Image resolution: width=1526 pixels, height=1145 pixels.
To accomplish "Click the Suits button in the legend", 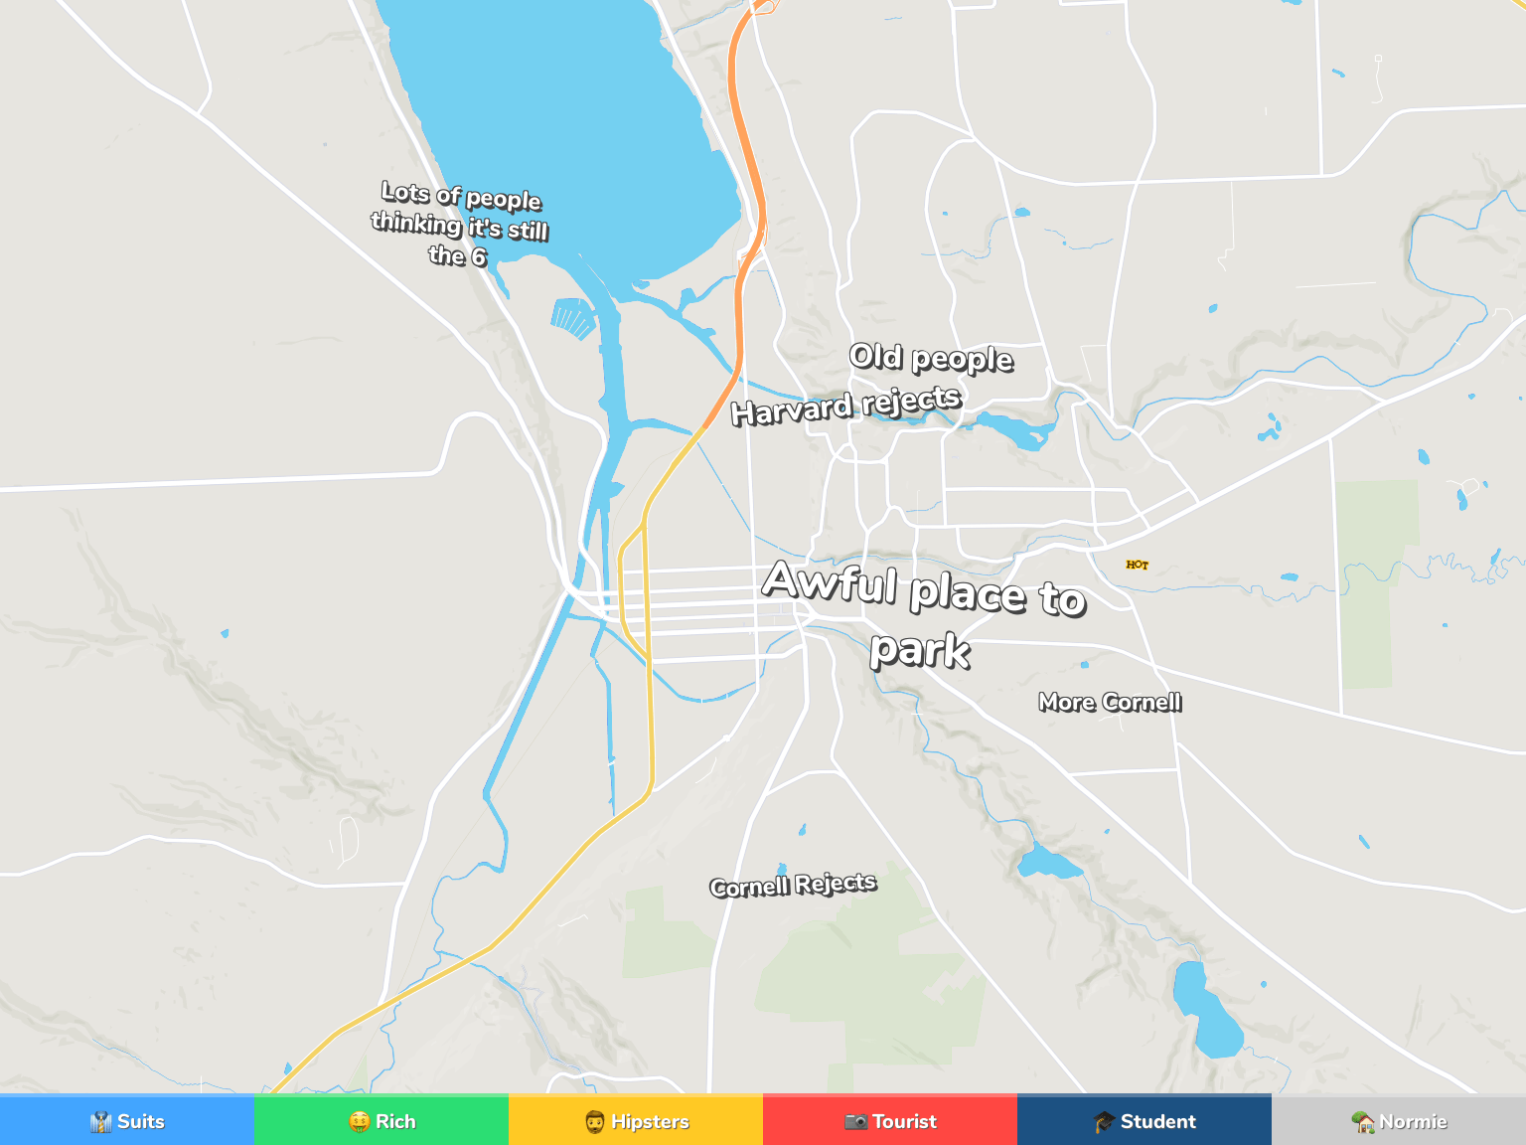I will [x=127, y=1121].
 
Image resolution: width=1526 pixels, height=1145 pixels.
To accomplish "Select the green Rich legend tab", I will [x=381, y=1121].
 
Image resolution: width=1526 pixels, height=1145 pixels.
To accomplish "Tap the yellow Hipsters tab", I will [x=636, y=1121].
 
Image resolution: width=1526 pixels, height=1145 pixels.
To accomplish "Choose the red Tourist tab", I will [x=890, y=1121].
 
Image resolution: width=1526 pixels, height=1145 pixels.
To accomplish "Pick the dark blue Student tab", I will [x=1144, y=1121].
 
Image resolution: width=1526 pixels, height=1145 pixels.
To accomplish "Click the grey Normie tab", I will [x=1399, y=1121].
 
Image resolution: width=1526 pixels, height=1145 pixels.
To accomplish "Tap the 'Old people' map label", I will [x=931, y=358].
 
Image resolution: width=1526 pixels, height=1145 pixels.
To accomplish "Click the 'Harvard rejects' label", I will [x=845, y=406].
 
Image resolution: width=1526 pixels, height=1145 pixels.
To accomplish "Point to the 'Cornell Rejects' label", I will [x=793, y=885].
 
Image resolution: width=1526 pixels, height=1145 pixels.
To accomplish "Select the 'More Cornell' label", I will [x=1110, y=703].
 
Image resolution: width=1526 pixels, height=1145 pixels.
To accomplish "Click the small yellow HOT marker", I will [x=1138, y=565].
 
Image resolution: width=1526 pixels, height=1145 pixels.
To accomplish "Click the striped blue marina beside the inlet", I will [x=573, y=318].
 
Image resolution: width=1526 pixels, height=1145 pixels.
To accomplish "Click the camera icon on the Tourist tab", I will [x=855, y=1122].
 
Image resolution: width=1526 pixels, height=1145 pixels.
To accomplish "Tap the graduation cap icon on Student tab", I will [x=1104, y=1122].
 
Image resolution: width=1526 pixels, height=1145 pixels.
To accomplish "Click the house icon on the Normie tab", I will [x=1363, y=1122].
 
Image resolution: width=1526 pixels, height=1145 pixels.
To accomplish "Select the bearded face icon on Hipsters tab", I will [x=595, y=1122].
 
